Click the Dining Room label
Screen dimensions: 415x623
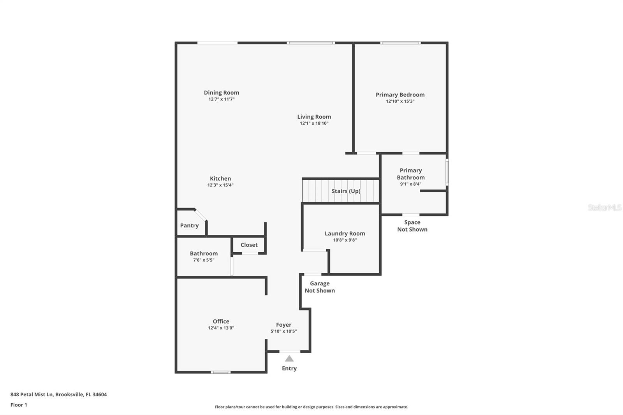221,93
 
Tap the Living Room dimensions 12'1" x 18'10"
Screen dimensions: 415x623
314,123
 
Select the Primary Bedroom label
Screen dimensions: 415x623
400,95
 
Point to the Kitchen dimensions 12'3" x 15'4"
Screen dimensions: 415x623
220,185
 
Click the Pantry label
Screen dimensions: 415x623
189,225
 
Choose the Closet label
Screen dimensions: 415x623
249,245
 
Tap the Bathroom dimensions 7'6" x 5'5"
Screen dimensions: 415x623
204,260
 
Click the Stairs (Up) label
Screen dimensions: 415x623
346,191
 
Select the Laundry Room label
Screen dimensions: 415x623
345,234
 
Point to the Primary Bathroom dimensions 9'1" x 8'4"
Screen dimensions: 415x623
410,184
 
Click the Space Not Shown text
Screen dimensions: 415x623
412,226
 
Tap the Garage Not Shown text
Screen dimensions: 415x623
320,287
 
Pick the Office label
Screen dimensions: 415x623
221,322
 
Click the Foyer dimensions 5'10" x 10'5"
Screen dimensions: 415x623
283,331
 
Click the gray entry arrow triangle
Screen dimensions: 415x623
289,359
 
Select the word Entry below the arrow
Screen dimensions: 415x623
289,368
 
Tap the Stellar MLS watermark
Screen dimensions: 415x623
604,207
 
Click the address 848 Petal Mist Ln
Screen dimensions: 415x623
32,394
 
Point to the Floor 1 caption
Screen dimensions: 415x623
19,405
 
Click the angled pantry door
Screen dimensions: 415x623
201,215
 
